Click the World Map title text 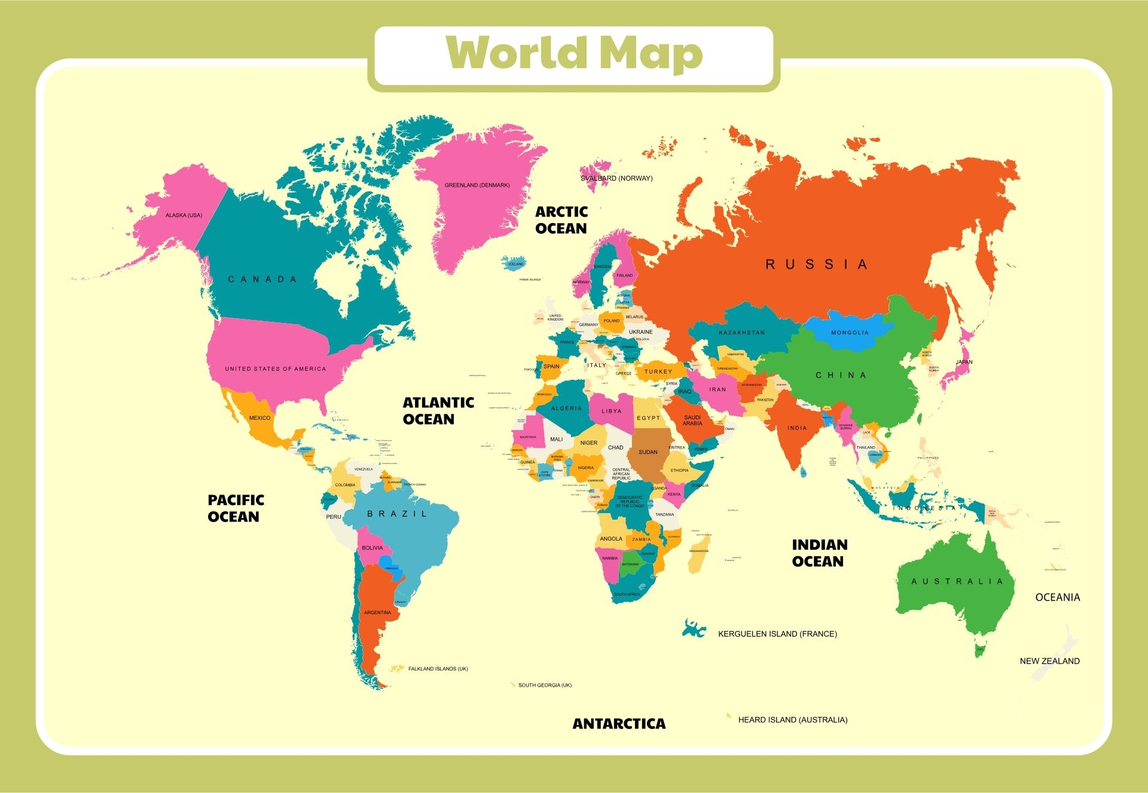[x=574, y=54]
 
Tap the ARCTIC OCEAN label [x=561, y=220]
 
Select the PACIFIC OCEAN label [x=236, y=508]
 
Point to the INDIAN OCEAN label [x=819, y=553]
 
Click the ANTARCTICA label [x=619, y=724]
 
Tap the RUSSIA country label [x=816, y=264]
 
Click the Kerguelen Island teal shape [x=693, y=629]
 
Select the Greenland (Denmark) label [x=477, y=185]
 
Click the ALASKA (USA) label [x=184, y=215]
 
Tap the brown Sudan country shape [x=648, y=457]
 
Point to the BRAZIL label [x=397, y=514]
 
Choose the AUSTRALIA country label [x=957, y=581]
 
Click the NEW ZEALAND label [x=1049, y=661]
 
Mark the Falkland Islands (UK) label [x=438, y=669]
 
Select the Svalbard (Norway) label [x=616, y=178]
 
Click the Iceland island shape [x=514, y=264]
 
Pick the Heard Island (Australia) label [x=792, y=719]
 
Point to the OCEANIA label [x=1057, y=597]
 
